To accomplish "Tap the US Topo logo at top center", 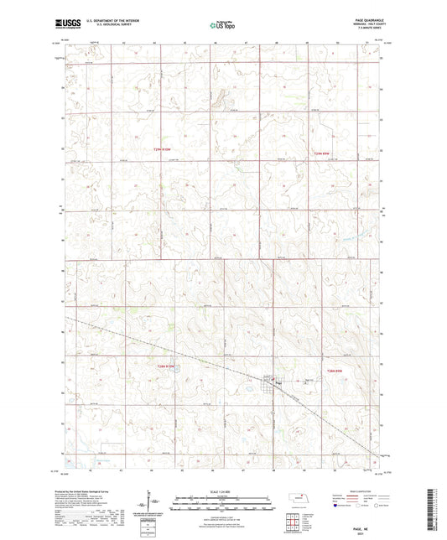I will click(222, 26).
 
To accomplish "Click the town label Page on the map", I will click(277, 385).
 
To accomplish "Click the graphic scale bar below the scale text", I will click(223, 498).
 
